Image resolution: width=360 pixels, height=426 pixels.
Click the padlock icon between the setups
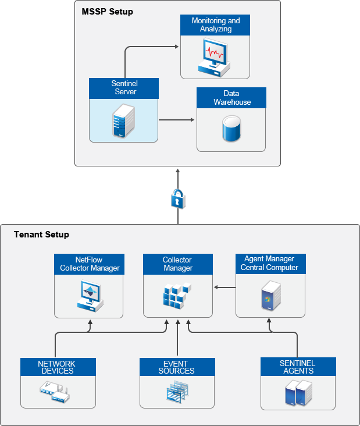point(178,198)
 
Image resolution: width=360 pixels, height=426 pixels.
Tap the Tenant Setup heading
point(41,235)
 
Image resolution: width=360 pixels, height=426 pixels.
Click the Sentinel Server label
point(124,88)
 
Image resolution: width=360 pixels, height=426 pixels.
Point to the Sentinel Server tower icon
point(120,121)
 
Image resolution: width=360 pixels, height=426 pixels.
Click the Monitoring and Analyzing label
point(216,25)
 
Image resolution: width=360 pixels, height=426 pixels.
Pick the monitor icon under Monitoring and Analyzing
point(213,56)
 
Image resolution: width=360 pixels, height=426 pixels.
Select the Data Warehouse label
point(231,98)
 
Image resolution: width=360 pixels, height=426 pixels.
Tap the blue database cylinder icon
point(231,129)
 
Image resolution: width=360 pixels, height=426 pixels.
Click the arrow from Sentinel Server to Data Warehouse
point(177,120)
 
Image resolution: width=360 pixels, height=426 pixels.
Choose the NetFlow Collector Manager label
point(90,264)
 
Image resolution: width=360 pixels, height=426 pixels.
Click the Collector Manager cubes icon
point(177,296)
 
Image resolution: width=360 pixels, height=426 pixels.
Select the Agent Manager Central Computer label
point(270,263)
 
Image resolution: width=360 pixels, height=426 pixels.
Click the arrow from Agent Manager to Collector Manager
point(224,287)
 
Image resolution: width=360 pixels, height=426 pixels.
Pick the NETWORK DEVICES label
point(56,367)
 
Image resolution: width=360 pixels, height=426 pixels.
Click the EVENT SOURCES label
point(177,367)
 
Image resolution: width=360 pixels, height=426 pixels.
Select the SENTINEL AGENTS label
point(297,367)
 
